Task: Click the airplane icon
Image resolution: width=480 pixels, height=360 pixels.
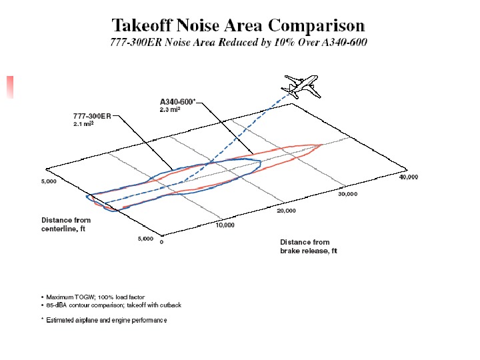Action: coord(301,87)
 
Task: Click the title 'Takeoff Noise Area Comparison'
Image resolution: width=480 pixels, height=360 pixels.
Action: coord(238,26)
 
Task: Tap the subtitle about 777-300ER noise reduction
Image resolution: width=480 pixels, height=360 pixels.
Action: coord(238,43)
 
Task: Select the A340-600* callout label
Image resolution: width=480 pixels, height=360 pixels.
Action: coord(177,101)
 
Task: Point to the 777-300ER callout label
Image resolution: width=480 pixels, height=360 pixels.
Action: coord(93,116)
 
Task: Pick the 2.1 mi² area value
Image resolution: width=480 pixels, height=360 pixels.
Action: coord(83,124)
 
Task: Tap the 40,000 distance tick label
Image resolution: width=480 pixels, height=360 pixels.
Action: coord(408,177)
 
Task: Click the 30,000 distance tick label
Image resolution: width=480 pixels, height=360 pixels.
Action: coord(347,194)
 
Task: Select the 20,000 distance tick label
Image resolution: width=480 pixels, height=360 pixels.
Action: coord(287,211)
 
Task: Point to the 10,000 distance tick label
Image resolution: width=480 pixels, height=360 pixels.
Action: coord(225,225)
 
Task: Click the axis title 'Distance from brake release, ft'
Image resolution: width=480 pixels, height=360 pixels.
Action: coord(308,247)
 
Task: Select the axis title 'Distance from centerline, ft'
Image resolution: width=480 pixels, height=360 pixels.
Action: coord(66,224)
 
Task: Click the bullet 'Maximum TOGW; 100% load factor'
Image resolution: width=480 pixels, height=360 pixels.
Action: coord(95,297)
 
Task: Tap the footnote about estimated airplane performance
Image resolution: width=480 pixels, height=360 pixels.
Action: coord(106,320)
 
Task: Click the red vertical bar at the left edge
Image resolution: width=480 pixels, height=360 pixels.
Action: coord(10,87)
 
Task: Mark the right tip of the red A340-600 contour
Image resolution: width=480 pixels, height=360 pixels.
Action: coord(323,144)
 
